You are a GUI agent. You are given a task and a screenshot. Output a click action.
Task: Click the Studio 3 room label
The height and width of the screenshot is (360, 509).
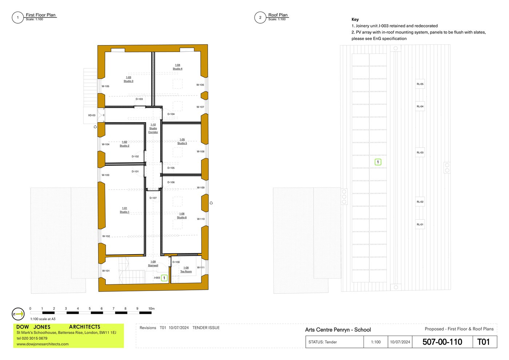(128, 79)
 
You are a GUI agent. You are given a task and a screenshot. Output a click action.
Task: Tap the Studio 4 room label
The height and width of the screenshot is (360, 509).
(177, 67)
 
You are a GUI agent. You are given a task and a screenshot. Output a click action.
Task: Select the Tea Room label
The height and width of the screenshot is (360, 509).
(186, 269)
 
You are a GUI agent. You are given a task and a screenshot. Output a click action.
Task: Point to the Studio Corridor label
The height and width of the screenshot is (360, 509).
(153, 128)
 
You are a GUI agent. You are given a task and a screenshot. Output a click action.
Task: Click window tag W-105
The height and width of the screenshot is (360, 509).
(105, 86)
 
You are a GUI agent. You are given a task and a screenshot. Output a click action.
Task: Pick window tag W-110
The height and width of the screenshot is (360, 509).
(201, 219)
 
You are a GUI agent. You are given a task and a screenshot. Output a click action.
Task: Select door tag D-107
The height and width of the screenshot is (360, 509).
(153, 198)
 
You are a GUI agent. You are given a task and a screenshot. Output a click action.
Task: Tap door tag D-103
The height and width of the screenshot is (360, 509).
(139, 99)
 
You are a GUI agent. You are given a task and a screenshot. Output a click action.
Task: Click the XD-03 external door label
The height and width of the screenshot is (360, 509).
(92, 115)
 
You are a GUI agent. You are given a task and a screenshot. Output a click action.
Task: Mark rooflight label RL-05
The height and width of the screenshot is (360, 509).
(420, 84)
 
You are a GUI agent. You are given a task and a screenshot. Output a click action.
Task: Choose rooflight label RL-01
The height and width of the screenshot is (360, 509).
(420, 224)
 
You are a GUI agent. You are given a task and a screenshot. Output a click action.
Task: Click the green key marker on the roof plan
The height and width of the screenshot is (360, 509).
(378, 162)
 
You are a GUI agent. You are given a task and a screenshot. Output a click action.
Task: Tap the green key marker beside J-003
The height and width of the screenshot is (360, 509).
(164, 278)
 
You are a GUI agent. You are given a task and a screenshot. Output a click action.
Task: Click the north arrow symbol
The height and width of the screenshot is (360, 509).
(18, 314)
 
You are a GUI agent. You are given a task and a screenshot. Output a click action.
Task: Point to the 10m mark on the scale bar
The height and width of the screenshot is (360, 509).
(151, 309)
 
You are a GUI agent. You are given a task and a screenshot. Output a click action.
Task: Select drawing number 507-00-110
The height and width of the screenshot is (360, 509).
(442, 342)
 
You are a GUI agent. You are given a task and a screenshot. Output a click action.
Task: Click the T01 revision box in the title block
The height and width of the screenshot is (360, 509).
(484, 342)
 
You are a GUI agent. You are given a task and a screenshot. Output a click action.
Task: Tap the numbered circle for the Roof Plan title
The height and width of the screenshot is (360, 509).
(260, 17)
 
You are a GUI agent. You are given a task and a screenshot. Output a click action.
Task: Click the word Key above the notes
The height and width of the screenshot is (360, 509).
(355, 20)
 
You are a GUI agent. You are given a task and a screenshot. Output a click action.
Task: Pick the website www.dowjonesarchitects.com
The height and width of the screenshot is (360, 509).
(43, 344)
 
